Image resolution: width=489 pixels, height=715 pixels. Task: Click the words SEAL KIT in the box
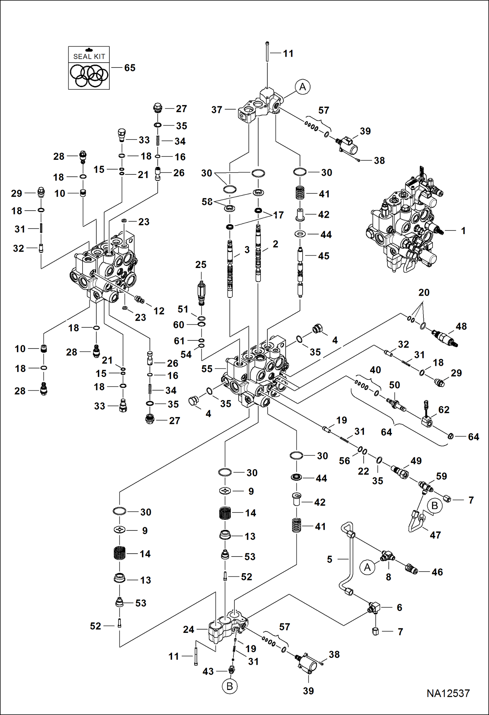pos(89,56)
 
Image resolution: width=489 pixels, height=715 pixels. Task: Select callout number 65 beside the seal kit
pos(130,68)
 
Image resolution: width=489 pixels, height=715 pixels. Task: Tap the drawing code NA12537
pos(448,693)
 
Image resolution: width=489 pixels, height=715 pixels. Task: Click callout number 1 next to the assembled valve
pos(463,231)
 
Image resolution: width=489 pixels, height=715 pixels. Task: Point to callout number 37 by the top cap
pos(217,110)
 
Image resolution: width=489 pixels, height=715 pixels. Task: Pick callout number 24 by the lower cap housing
pos(189,629)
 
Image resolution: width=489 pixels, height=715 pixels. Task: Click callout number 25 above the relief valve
pos(201,264)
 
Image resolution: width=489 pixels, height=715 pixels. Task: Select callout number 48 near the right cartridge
pos(461,326)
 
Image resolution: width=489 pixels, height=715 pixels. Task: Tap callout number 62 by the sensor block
pos(444,410)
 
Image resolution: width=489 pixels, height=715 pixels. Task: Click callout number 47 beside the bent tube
pos(435,535)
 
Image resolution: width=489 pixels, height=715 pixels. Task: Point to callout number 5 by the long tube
pos(330,559)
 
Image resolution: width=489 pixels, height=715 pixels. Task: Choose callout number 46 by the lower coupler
pos(437,572)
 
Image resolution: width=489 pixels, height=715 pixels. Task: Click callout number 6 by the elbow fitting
pos(400,607)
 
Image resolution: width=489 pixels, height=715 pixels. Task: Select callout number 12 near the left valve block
pos(159,311)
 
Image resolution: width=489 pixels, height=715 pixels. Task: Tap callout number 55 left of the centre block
pos(207,369)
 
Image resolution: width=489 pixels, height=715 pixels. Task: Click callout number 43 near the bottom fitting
pos(208,671)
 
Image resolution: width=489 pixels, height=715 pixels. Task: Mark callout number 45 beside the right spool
pos(323,256)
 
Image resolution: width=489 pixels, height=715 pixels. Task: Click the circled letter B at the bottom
pos(229,686)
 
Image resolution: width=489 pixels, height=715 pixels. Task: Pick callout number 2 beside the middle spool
pos(276,244)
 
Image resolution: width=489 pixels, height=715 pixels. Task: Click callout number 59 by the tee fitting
pos(441,476)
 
